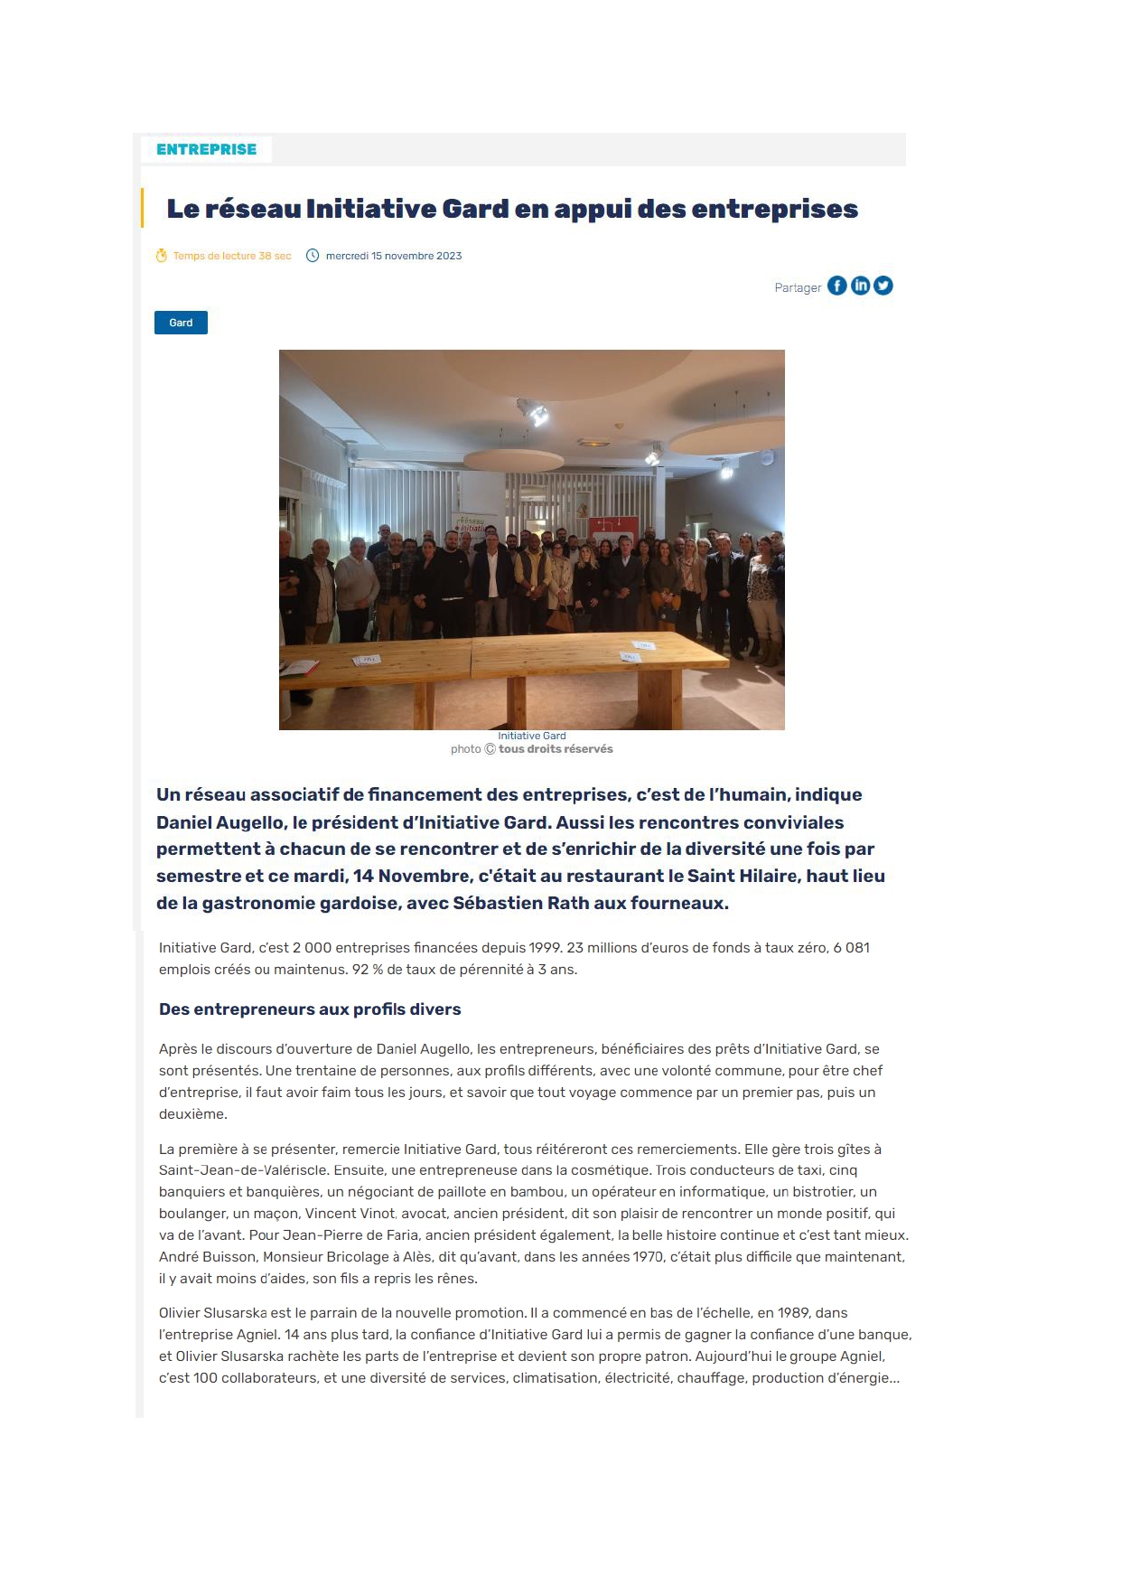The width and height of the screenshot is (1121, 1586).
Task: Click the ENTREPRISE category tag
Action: (x=206, y=149)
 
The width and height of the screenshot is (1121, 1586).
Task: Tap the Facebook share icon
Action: (x=837, y=286)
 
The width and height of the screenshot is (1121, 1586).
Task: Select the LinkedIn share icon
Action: (x=861, y=286)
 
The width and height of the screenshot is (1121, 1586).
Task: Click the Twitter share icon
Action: (x=883, y=286)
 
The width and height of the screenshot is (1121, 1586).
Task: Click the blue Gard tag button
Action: (x=181, y=323)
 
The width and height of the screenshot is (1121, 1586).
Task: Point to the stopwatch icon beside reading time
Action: (x=162, y=256)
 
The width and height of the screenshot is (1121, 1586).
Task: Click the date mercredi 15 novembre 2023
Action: (x=393, y=256)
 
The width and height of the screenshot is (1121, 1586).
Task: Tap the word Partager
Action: (x=798, y=287)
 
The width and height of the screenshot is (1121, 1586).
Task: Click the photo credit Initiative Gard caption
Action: (x=531, y=736)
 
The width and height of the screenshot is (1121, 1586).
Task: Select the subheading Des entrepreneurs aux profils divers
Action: (x=310, y=1009)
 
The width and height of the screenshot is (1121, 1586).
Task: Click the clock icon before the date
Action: (x=313, y=256)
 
